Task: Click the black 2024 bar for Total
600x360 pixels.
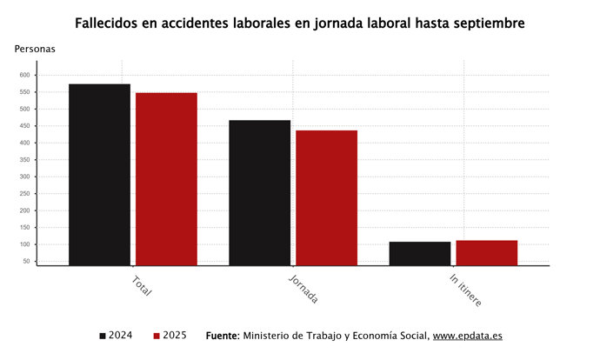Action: (100, 174)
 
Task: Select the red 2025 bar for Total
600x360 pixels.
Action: (166, 178)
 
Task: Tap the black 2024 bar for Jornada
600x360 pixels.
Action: (260, 192)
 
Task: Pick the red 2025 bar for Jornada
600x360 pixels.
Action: (326, 197)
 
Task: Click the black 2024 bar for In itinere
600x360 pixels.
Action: (420, 253)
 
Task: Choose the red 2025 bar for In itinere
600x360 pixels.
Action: (486, 252)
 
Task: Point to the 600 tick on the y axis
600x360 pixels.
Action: (24, 75)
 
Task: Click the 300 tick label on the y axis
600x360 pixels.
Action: (24, 177)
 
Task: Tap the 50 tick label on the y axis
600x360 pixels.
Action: (26, 261)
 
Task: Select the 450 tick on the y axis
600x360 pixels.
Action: (24, 126)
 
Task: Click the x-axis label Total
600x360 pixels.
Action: (141, 286)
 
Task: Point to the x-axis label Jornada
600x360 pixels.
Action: (303, 290)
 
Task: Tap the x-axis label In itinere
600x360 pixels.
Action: (465, 290)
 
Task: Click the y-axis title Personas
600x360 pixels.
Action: (35, 49)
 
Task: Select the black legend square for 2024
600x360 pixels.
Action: (103, 336)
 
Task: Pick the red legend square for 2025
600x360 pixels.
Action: (157, 336)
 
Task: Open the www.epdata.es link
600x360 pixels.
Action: (467, 336)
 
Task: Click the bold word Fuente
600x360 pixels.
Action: (222, 336)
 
